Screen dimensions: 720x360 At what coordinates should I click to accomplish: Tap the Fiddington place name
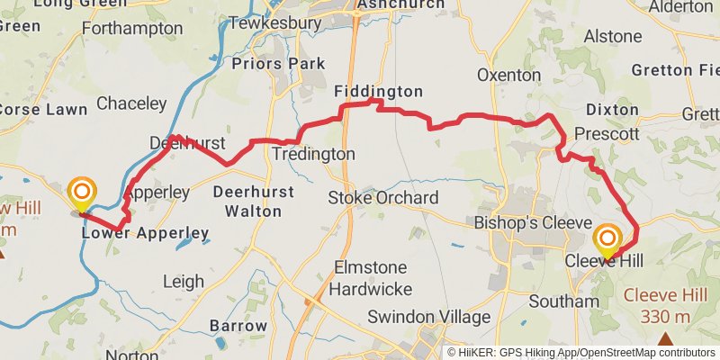(378, 92)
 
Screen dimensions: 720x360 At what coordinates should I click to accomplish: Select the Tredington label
(313, 155)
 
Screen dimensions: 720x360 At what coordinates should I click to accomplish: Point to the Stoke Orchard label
(383, 198)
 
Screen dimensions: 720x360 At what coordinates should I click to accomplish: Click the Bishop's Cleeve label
(532, 222)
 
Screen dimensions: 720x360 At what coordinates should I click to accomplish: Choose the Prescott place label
(606, 134)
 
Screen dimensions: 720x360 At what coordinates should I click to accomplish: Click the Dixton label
(611, 110)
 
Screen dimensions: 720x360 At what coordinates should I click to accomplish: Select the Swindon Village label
(428, 317)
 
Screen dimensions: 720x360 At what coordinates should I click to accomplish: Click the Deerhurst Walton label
(247, 202)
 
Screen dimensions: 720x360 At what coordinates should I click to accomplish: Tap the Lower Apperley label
(145, 234)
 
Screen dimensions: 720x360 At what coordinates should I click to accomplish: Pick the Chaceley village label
(131, 103)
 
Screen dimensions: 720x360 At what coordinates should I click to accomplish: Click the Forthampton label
(131, 29)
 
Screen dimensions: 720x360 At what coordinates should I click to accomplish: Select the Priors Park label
(279, 64)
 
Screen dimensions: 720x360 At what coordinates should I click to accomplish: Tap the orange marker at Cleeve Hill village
(607, 239)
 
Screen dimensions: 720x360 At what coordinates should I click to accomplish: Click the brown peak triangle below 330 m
(665, 339)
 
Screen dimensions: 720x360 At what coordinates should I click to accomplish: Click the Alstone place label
(613, 37)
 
